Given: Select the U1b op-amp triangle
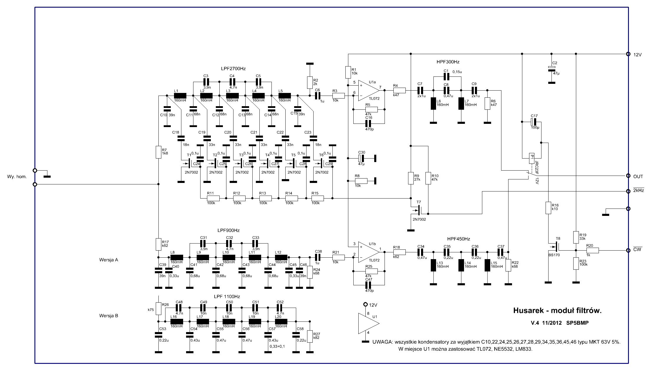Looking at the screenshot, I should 368,252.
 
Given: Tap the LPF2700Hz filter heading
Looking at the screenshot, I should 233,69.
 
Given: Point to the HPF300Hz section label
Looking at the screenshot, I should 448,62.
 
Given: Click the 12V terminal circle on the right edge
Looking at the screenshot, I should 628,54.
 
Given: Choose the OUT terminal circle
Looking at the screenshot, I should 628,176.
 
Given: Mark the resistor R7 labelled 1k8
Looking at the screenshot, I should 158,152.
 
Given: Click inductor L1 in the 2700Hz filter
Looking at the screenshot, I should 180,96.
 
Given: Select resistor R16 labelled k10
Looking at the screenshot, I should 548,208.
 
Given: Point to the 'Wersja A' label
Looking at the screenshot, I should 109,260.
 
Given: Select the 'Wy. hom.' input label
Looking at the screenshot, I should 17,177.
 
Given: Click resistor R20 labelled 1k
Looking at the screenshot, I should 592,251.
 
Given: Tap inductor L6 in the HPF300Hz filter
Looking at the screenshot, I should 433,104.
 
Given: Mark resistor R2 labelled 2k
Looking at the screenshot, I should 310,83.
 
